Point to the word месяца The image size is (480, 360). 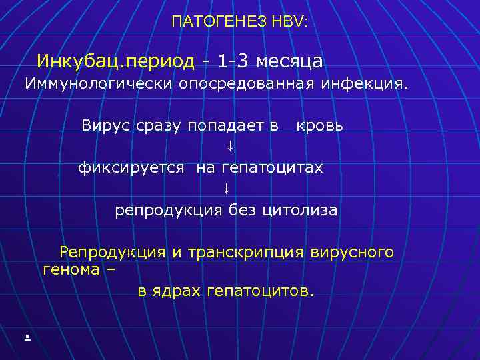(x=289, y=62)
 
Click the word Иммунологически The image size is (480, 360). (x=99, y=84)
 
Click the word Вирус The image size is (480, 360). (x=104, y=125)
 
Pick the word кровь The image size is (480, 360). (x=320, y=125)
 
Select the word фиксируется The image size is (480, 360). (x=131, y=168)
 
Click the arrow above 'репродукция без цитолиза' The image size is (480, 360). (x=227, y=189)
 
